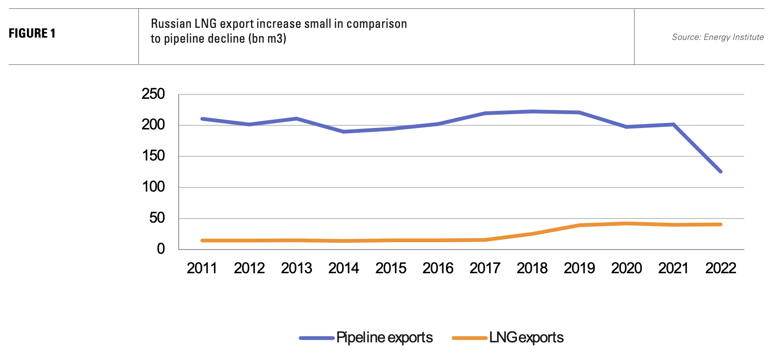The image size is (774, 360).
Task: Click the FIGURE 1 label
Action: click(32, 33)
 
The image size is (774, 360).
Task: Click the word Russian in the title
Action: click(171, 24)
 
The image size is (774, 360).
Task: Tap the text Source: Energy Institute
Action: click(717, 37)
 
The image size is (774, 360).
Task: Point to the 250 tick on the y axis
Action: click(153, 94)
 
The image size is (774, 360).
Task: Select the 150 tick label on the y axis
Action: click(153, 156)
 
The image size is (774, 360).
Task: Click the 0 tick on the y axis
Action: click(161, 249)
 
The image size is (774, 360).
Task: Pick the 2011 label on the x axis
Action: click(202, 268)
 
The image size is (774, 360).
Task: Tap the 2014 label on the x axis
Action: click(343, 268)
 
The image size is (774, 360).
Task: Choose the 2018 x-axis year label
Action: click(532, 268)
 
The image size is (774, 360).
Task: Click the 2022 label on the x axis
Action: click(721, 268)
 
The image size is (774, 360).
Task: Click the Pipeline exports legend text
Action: click(384, 338)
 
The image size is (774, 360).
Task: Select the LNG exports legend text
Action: click(526, 338)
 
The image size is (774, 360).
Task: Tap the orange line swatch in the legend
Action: click(469, 338)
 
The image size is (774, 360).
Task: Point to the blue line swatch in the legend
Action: click(316, 338)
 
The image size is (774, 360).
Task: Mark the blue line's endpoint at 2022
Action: click(721, 172)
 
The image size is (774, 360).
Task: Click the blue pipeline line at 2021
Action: click(673, 124)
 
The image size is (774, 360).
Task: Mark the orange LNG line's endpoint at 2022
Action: click(721, 225)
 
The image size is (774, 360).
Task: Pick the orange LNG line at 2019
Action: click(579, 225)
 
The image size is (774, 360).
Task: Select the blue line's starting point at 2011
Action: click(202, 119)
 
